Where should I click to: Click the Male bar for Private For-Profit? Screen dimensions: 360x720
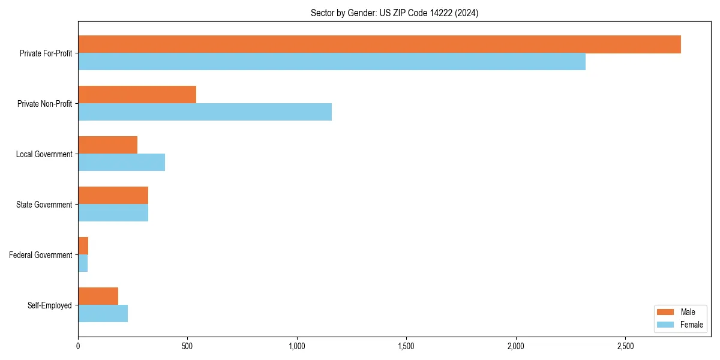point(379,44)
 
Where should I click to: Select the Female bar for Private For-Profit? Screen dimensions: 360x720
point(332,62)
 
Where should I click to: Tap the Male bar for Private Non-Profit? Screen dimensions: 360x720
point(137,95)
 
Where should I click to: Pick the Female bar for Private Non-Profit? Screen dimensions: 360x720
point(205,112)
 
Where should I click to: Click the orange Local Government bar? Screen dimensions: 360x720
point(107,145)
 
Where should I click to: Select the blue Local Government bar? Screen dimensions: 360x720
point(121,163)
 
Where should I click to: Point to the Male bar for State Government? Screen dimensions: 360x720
point(113,196)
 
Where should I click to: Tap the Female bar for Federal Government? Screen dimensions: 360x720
point(83,263)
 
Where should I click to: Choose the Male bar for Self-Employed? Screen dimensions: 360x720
point(98,296)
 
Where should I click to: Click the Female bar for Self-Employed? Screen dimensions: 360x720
point(103,314)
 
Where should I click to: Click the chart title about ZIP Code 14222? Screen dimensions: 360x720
point(394,13)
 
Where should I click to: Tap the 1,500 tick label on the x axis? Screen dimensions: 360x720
point(406,347)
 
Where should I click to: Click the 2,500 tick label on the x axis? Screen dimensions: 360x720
point(625,347)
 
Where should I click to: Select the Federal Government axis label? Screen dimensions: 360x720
point(41,255)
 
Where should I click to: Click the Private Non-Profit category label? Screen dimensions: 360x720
point(44,104)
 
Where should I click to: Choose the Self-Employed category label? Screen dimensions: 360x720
point(50,305)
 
